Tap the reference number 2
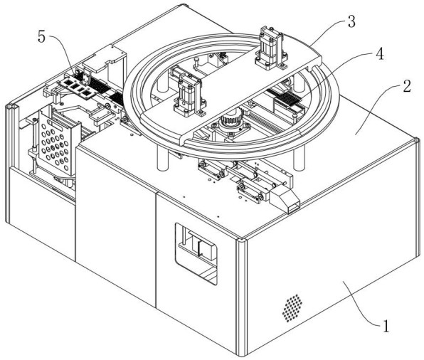[x=407, y=86]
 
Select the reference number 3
[x=351, y=21]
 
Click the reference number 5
[x=41, y=36]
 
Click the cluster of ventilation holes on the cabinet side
[x=292, y=308]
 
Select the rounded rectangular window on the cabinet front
[x=196, y=254]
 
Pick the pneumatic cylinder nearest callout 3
[x=270, y=48]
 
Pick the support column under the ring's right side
[x=299, y=158]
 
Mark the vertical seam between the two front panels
[x=156, y=250]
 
